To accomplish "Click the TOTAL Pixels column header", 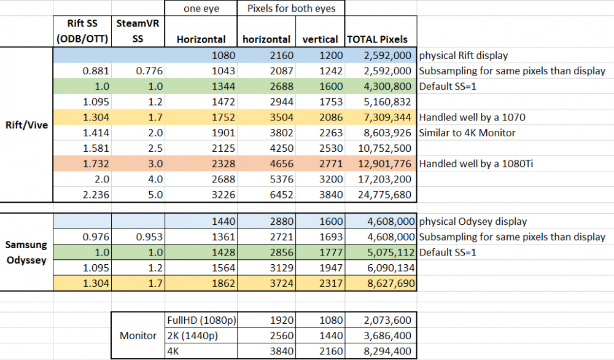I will pos(378,39).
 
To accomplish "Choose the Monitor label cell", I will pos(138,336).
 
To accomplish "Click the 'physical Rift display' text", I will pos(464,55).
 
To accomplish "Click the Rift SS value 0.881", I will pos(95,71).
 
